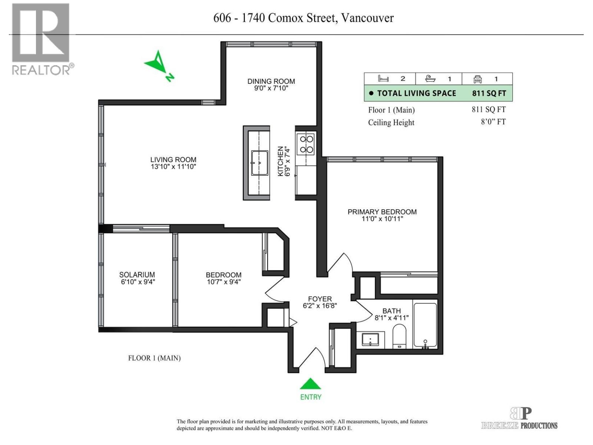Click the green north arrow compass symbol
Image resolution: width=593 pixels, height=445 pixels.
(x=159, y=65)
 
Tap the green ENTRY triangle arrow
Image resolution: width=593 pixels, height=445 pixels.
(x=310, y=384)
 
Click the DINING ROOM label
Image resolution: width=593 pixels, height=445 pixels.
(x=271, y=81)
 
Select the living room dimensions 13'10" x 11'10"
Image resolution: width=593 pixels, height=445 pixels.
(x=173, y=167)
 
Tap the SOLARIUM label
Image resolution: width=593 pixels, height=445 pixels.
(x=137, y=275)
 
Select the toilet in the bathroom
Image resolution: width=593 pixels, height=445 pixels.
(x=399, y=336)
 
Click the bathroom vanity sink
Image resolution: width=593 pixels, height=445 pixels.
(x=370, y=339)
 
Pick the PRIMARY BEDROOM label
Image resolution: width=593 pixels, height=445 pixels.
(x=382, y=212)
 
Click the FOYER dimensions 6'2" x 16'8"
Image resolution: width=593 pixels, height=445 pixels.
(x=319, y=306)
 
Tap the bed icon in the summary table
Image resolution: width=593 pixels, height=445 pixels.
(x=383, y=79)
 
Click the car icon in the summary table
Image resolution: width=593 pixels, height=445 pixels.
(x=477, y=79)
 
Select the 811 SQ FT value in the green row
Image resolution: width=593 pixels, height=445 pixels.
(x=488, y=93)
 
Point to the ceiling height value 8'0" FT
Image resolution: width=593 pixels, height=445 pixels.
(x=493, y=122)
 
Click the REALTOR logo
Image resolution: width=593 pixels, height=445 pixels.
(x=41, y=39)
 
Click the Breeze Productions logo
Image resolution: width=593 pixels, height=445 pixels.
(x=520, y=419)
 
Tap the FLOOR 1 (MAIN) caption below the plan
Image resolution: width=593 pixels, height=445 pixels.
(x=154, y=358)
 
